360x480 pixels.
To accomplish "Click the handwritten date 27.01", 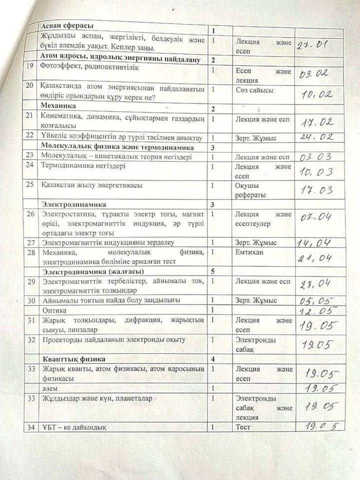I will click(x=311, y=46).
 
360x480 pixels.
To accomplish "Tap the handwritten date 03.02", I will click(x=314, y=73).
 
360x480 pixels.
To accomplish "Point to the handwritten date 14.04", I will click(x=313, y=243).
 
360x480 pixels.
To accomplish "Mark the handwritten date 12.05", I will click(x=315, y=310).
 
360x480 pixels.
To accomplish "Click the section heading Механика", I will click(x=58, y=106).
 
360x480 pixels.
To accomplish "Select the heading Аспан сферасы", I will click(x=68, y=26).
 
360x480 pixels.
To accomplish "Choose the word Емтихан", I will click(x=250, y=252).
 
